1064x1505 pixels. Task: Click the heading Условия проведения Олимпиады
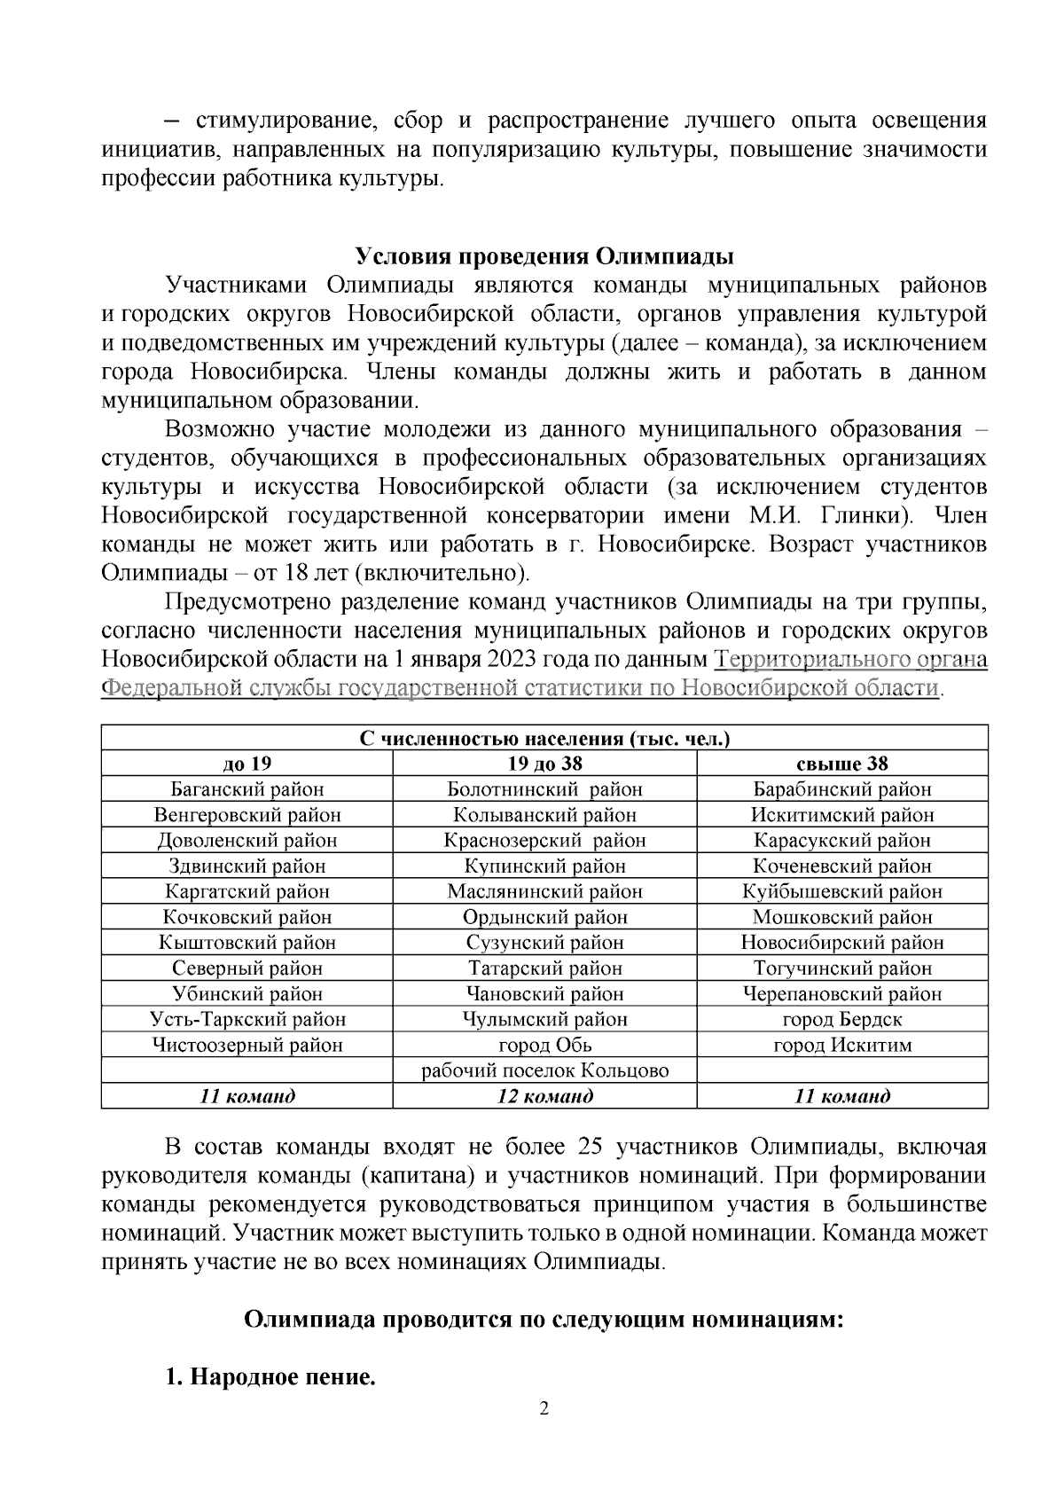pyautogui.click(x=544, y=257)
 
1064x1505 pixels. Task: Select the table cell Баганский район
pyautogui.click(x=247, y=789)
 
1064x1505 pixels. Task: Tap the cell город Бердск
pyautogui.click(x=841, y=1019)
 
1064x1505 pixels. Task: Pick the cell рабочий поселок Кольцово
pyautogui.click(x=544, y=1070)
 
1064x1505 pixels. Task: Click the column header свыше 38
pyautogui.click(x=841, y=764)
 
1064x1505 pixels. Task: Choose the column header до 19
pyautogui.click(x=247, y=764)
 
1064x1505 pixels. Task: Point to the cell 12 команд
pyautogui.click(x=544, y=1096)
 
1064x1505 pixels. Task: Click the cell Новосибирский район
pyautogui.click(x=841, y=943)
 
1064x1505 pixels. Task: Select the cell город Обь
pyautogui.click(x=544, y=1045)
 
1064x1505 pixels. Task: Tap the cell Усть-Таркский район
pyautogui.click(x=247, y=1019)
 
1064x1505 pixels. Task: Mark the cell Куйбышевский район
pyautogui.click(x=841, y=891)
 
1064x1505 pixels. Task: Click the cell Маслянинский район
pyautogui.click(x=544, y=891)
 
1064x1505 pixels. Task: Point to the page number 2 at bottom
pyautogui.click(x=544, y=1409)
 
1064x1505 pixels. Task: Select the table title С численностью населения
pyautogui.click(x=544, y=739)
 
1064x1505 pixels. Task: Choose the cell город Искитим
pyautogui.click(x=841, y=1045)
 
